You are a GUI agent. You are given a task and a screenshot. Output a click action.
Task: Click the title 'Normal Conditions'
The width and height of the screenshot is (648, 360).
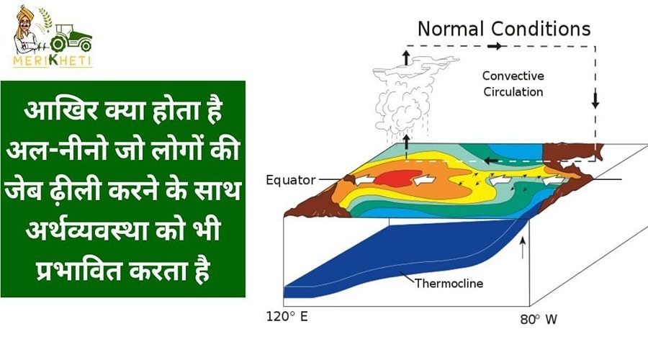tap(504, 29)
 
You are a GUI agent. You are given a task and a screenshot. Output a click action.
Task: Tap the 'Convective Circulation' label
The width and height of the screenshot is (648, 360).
tap(513, 84)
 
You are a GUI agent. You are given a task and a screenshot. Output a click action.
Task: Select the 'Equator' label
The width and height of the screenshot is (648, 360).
tap(291, 180)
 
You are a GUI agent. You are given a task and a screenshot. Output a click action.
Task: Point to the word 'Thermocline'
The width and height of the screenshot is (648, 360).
tap(449, 284)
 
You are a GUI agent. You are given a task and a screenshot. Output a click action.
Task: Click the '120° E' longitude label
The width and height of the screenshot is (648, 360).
tap(287, 317)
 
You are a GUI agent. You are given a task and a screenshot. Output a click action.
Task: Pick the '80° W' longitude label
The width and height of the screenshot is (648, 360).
tap(539, 320)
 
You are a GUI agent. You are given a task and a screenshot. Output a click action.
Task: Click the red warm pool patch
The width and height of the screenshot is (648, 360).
tap(395, 178)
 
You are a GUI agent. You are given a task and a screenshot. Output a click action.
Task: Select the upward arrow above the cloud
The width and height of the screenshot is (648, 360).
tap(406, 58)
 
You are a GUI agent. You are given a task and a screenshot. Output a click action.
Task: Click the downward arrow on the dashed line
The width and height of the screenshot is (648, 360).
tap(595, 100)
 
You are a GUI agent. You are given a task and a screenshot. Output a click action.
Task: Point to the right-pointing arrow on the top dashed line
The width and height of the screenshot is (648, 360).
tap(495, 46)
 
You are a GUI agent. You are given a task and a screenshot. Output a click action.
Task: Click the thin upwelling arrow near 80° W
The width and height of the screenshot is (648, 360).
tap(523, 248)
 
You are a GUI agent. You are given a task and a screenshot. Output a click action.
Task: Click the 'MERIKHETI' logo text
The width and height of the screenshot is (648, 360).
tap(52, 60)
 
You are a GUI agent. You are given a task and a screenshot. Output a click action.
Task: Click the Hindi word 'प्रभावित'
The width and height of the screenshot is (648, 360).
tap(79, 271)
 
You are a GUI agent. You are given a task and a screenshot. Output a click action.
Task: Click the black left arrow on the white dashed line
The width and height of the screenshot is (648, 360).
tap(491, 161)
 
